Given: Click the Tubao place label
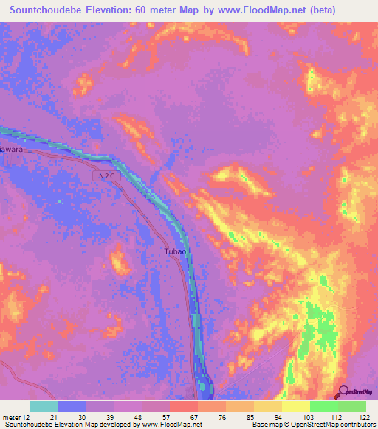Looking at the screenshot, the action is [x=175, y=251].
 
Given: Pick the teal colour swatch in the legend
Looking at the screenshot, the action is [x=44, y=406].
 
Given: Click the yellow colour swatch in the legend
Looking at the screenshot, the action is [x=296, y=406].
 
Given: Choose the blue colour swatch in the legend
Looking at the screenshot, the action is [x=72, y=406].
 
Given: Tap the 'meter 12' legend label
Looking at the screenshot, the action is [x=18, y=416].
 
